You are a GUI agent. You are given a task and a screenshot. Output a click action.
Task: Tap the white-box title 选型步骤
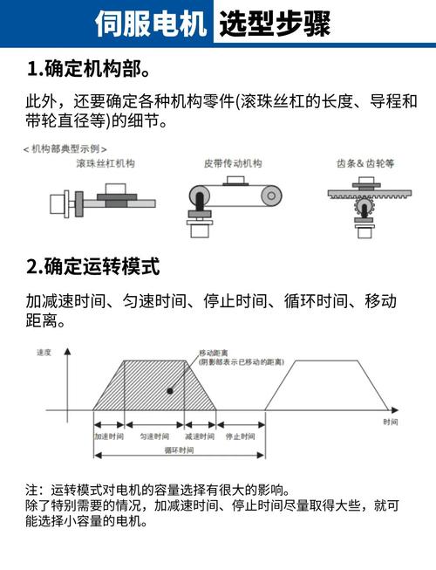coord(276,24)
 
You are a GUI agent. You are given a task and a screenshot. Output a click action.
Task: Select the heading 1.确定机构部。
coord(90,68)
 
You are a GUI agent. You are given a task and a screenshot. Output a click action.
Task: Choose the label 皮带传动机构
coord(233,162)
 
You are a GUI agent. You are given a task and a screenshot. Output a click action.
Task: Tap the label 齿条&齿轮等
coord(365,162)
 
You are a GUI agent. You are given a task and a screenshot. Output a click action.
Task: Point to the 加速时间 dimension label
coord(109,436)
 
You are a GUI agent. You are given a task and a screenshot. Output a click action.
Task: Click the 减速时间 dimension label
coord(200,436)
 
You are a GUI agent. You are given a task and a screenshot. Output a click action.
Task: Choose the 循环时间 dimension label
coord(178,450)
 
